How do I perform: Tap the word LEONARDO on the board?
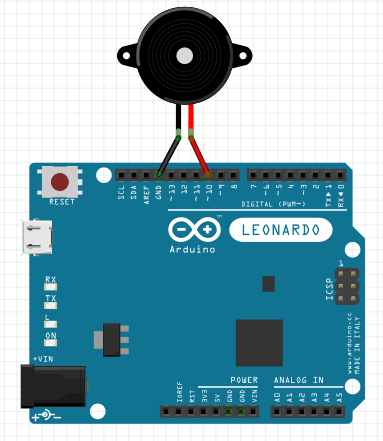tap(280, 230)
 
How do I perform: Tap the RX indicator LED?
tap(51, 288)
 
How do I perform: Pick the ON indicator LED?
tap(51, 344)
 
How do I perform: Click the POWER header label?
tap(244, 381)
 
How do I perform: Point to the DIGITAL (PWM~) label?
tap(275, 205)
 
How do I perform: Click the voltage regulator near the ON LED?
tap(111, 338)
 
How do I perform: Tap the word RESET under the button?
tap(62, 202)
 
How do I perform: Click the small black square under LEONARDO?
tap(267, 284)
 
